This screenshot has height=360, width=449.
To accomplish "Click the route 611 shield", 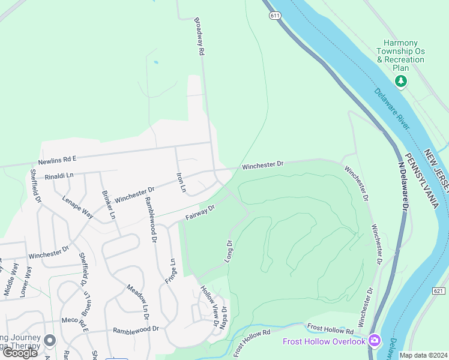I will click(x=274, y=16).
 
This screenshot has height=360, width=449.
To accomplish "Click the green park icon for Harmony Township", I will click(x=400, y=81).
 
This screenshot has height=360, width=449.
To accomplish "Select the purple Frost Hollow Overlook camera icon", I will click(x=375, y=341).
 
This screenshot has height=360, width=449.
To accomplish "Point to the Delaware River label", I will click(x=393, y=109).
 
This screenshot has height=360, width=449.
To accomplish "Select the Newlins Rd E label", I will click(x=57, y=159).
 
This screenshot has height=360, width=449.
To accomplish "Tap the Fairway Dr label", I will click(x=200, y=211).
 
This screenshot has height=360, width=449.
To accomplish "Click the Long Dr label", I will click(x=229, y=250).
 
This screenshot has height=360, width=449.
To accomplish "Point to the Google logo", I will click(x=20, y=353).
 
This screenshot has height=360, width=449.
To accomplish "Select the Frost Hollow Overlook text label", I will click(x=324, y=341).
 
